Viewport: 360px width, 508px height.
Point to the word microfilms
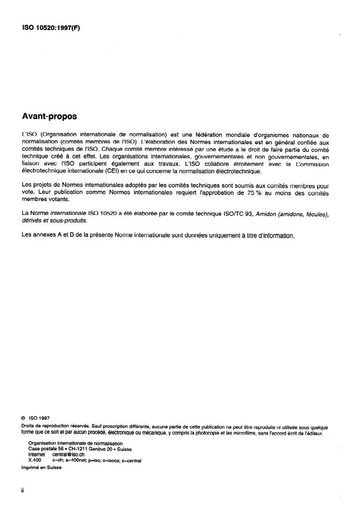pos(250,433)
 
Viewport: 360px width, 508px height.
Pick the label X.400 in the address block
pos(35,461)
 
